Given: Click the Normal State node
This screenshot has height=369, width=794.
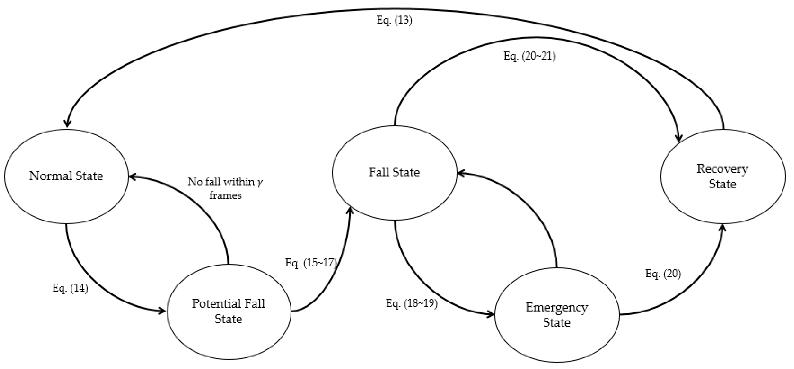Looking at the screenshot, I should pos(66,176).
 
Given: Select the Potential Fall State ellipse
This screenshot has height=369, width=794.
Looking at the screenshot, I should pos(229,312).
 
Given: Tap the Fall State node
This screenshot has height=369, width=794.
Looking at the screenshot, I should pos(394,173).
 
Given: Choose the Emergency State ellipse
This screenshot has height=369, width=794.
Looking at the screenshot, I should pos(557,315).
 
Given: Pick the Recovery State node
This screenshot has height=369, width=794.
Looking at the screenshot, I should pos(723,176).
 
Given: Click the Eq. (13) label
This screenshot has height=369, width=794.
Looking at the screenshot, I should pos(394,20).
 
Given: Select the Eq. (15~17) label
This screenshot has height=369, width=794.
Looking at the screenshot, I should pos(311,263).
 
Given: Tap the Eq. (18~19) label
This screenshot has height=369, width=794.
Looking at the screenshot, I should pos(411,303).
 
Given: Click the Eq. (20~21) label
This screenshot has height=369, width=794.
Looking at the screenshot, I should pos(529,56).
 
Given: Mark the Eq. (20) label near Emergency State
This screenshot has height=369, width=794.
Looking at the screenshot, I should pos(663,273).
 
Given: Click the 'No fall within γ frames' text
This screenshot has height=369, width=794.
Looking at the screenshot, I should pos(225,188).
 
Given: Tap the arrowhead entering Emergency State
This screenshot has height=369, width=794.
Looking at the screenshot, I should pos(491,315).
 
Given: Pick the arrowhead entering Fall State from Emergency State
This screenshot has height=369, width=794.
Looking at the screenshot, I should pos(461,174).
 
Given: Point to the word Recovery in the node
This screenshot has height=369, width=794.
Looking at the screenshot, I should pos(723,169).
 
